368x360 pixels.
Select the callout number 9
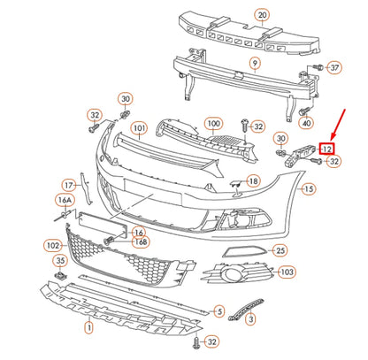coord(255,64)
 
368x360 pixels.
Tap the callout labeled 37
coord(333,68)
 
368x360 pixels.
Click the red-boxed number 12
coord(326,149)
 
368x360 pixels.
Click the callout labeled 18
coord(253,181)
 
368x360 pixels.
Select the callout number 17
coord(69,186)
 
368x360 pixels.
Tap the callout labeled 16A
coord(65,201)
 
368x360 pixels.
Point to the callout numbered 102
coord(52,245)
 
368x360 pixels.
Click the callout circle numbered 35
coord(59,261)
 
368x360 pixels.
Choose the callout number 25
coord(280,251)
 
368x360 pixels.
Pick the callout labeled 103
coord(287,272)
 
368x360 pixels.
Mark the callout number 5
coord(219,311)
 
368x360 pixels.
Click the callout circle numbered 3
coord(250,318)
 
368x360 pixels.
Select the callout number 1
coord(88,327)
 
